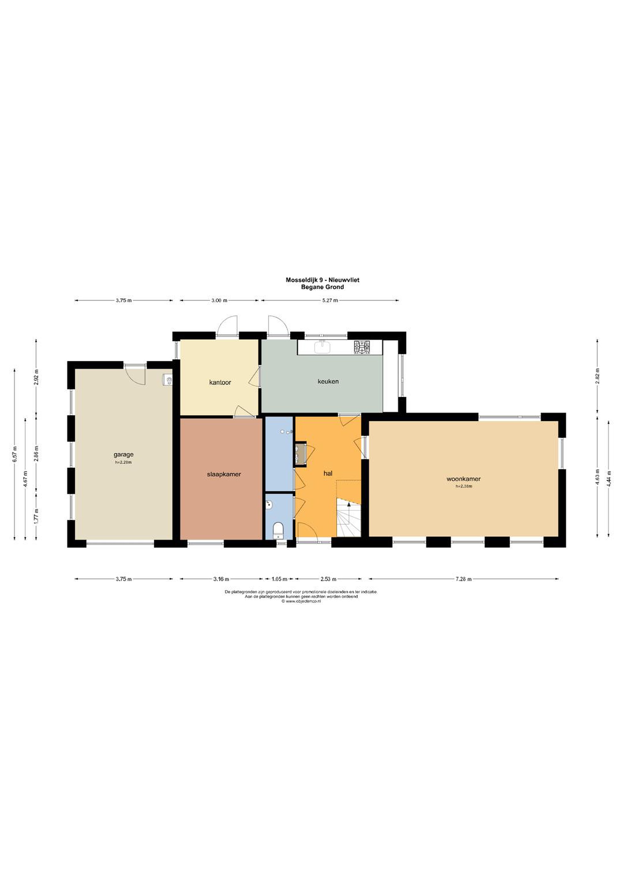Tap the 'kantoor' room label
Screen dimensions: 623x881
point(220,383)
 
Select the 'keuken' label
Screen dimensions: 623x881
point(328,381)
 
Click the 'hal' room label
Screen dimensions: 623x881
point(328,474)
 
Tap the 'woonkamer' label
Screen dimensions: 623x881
point(463,479)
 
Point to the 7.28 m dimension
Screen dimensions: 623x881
point(464,579)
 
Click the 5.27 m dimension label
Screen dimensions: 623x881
point(330,300)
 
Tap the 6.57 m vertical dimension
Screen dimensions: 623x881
point(15,454)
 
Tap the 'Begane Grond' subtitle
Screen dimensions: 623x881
point(323,287)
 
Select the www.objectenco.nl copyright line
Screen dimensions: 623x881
point(301,602)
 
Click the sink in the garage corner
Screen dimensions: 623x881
point(168,380)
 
